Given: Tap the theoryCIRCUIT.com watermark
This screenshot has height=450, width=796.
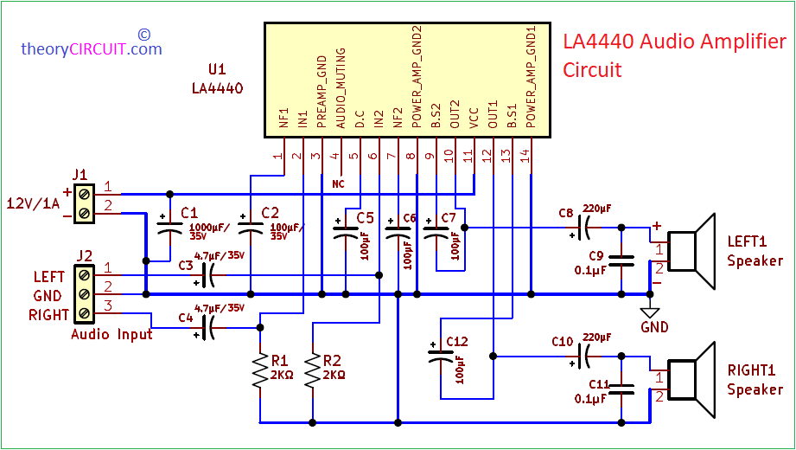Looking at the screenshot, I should tap(92, 49).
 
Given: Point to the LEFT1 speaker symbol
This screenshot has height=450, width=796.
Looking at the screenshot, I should tap(694, 251).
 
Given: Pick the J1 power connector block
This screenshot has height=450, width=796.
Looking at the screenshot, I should tap(84, 200).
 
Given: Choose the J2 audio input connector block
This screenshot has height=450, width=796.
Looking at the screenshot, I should tap(84, 294).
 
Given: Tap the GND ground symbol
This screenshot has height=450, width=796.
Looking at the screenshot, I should tap(653, 313).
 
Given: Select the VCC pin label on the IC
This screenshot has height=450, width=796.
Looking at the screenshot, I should tap(473, 119).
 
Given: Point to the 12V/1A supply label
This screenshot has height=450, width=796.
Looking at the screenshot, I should tap(32, 203).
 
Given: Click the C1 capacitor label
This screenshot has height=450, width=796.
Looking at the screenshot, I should tap(189, 213).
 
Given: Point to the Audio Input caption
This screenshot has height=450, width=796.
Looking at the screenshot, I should tap(111, 334).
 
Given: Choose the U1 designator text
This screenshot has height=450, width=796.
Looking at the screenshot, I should tap(218, 68).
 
